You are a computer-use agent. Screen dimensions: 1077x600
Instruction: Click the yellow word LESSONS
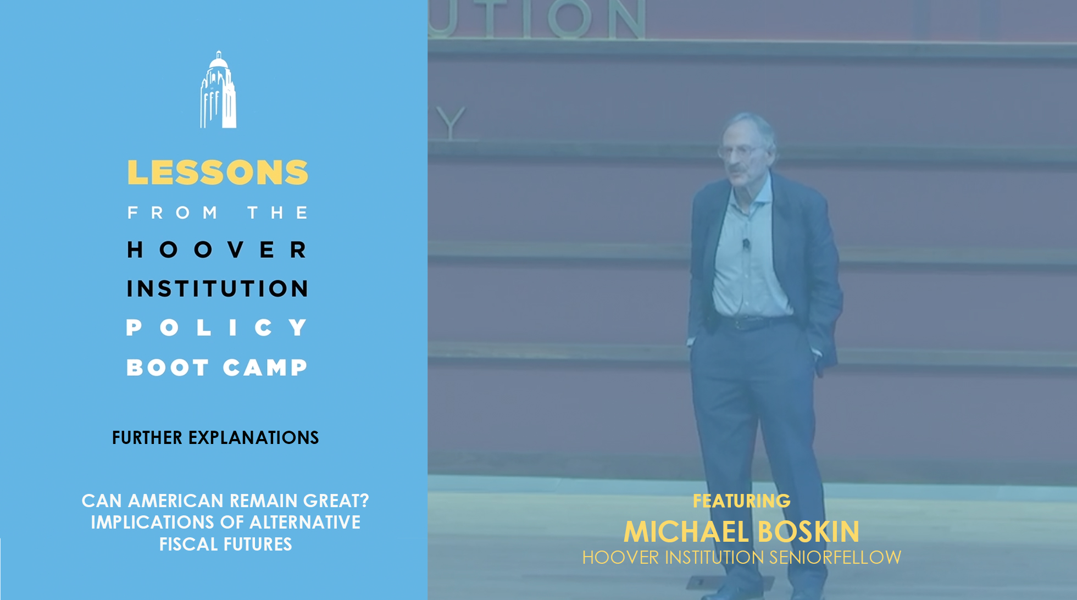pos(218,173)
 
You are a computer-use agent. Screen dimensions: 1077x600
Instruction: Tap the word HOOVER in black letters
pos(217,250)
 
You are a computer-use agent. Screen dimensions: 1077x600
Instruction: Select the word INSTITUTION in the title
pos(217,288)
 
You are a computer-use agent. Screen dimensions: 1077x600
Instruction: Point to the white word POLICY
pos(216,327)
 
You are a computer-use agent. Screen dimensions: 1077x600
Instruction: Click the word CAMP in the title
pos(265,368)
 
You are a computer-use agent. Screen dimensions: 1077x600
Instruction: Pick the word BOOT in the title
pos(168,368)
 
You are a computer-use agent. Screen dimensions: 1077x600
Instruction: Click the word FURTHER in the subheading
pos(147,437)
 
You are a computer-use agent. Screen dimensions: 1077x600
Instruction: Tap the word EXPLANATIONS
pos(253,437)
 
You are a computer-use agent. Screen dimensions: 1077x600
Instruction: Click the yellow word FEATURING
pos(742,501)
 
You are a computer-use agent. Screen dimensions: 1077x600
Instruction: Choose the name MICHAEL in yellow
pos(686,532)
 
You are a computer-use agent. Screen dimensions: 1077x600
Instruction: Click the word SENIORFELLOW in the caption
pos(835,557)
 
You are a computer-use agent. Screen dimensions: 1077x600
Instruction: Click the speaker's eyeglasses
pos(740,151)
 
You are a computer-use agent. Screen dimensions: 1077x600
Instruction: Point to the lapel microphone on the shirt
pos(746,243)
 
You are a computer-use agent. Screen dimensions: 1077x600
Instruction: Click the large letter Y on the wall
pos(452,123)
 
